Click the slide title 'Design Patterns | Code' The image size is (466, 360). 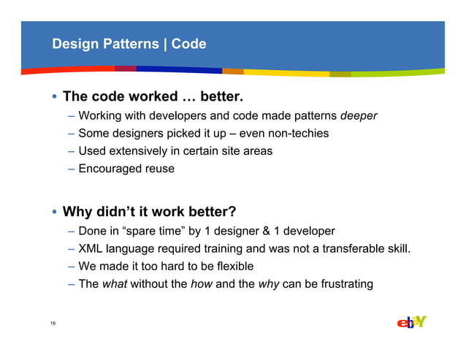(x=129, y=45)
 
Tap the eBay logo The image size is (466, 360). (x=411, y=322)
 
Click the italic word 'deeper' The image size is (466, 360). (x=359, y=115)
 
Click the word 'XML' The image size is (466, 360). (x=92, y=248)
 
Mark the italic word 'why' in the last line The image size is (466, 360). (x=268, y=283)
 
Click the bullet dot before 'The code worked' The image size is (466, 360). (x=55, y=97)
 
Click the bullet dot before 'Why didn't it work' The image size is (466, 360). (x=55, y=213)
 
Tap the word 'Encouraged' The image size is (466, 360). (x=110, y=169)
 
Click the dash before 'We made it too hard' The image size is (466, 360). (x=72, y=266)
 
